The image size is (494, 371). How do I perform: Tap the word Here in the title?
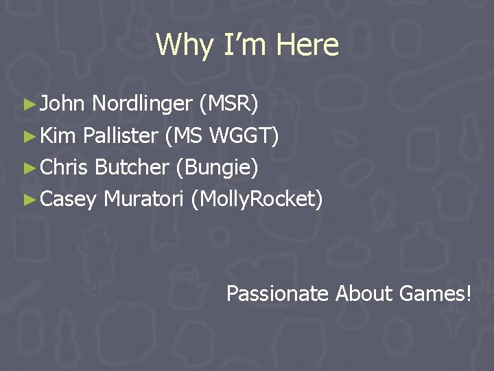[x=307, y=45]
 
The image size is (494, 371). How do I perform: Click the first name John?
[x=62, y=104]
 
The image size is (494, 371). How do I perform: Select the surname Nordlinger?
[x=142, y=104]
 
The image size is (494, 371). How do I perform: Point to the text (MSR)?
[x=228, y=104]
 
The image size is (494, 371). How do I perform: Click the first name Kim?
[x=58, y=136]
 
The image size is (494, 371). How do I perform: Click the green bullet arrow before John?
[x=28, y=104]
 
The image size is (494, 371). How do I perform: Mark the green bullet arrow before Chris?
[x=28, y=168]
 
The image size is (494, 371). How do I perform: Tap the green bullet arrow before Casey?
[x=28, y=200]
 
